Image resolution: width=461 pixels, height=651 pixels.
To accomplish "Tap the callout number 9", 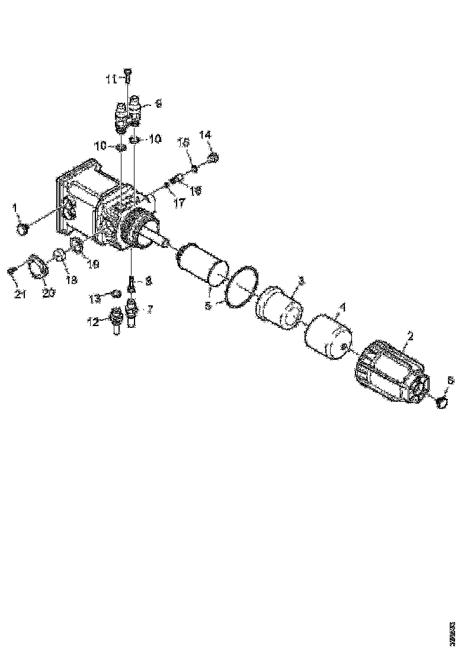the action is [x=158, y=104].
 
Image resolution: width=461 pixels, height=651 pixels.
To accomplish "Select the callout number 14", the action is [x=205, y=136].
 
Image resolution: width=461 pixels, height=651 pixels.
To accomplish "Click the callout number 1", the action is [x=16, y=208].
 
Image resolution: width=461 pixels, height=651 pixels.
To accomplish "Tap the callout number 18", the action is [x=71, y=279].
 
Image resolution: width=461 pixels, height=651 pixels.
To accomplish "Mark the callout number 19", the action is [x=94, y=263].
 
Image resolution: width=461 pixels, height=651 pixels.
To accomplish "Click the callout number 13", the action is [x=95, y=299].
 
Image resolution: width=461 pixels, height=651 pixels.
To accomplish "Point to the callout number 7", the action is [x=149, y=309].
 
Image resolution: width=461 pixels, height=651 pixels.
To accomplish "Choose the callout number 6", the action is [x=450, y=381].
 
